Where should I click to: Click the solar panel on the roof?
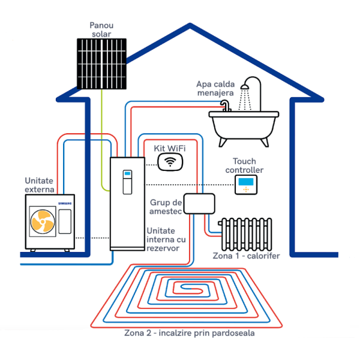[101, 64]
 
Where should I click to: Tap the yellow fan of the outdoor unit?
[43, 221]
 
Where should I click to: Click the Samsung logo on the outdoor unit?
[65, 203]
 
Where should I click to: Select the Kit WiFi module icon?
[170, 162]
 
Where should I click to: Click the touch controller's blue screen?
[246, 182]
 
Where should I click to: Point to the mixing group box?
[199, 203]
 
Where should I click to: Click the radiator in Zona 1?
[245, 234]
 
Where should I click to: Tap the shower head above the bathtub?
[245, 87]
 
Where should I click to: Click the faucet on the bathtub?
[226, 106]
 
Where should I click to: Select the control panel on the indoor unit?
[127, 182]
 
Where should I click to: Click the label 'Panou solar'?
[101, 29]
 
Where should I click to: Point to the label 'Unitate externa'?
[40, 185]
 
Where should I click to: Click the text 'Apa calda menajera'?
[215, 88]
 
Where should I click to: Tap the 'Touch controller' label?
[244, 166]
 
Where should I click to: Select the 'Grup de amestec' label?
[166, 206]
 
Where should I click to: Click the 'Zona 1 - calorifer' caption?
[246, 256]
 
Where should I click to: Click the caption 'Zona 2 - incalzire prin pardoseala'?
[190, 333]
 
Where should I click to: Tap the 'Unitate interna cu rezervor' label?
[166, 239]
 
